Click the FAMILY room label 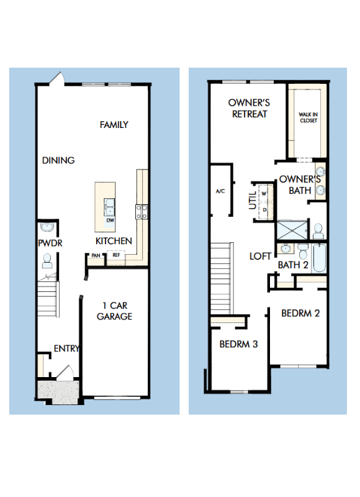click(x=114, y=125)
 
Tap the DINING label click(x=58, y=160)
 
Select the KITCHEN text click(x=114, y=241)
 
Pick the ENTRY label click(x=66, y=349)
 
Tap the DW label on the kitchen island click(x=110, y=221)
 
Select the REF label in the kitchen click(x=116, y=255)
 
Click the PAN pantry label click(x=96, y=255)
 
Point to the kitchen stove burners click(x=141, y=212)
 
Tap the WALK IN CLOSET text click(x=308, y=117)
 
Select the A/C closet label click(x=220, y=191)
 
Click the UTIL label click(x=253, y=201)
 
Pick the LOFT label click(x=260, y=255)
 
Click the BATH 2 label click(x=293, y=265)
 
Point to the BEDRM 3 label click(x=238, y=343)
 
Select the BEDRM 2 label click(x=300, y=313)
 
